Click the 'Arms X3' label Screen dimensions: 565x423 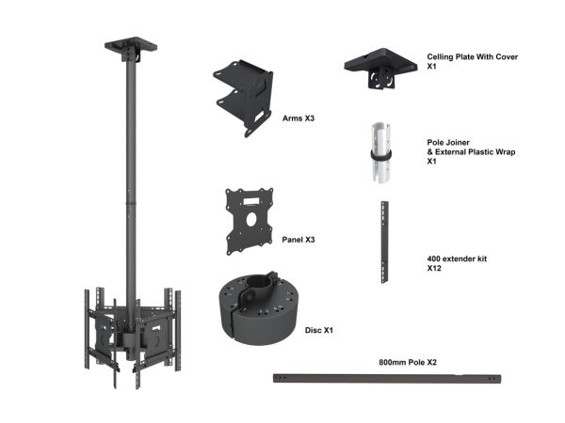click(298, 118)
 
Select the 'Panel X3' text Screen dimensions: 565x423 click(298, 240)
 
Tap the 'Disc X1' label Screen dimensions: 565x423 click(319, 330)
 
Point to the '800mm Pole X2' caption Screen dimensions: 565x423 click(408, 362)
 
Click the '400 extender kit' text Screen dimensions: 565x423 click(457, 258)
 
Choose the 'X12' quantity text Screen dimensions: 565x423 click(434, 268)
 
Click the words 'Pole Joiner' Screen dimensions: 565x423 click(448, 143)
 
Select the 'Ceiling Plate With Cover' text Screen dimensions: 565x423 click(473, 56)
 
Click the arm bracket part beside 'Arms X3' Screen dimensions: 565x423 click(244, 97)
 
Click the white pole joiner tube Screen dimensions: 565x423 click(380, 152)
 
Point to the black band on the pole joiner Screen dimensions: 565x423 click(380, 155)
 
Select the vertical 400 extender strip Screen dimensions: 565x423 click(384, 243)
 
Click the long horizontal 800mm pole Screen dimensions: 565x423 click(387, 379)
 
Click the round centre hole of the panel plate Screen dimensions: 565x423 click(251, 219)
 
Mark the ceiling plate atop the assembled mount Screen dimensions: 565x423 click(131, 46)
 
